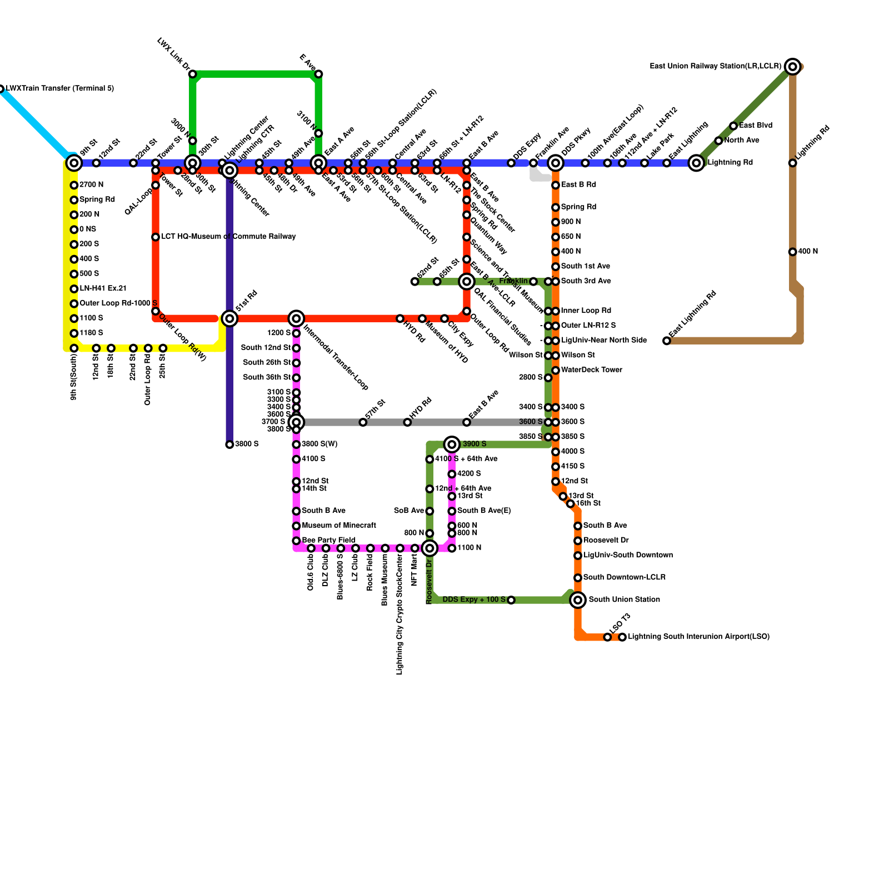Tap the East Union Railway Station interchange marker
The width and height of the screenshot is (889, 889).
click(x=793, y=67)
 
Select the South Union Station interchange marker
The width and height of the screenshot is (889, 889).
click(x=578, y=600)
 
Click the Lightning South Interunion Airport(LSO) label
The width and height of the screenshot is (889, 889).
click(x=698, y=637)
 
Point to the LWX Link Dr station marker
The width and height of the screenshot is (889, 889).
click(x=192, y=74)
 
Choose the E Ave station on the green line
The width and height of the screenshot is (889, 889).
click(x=318, y=74)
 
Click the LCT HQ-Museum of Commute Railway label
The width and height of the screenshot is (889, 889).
click(x=228, y=237)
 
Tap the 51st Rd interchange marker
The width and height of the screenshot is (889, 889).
click(x=229, y=318)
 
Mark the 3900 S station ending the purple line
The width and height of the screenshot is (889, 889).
click(x=229, y=444)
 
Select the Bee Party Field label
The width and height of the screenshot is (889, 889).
click(x=328, y=540)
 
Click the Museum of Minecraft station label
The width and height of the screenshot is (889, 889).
click(x=338, y=525)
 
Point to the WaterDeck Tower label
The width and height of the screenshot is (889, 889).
click(x=591, y=369)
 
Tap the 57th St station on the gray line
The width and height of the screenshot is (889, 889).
click(x=363, y=422)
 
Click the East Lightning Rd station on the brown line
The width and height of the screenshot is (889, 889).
click(x=667, y=341)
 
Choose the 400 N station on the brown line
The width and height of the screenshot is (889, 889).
click(x=793, y=252)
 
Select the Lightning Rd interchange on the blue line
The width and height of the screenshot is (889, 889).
click(x=696, y=163)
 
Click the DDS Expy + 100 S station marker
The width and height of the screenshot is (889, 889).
click(x=511, y=600)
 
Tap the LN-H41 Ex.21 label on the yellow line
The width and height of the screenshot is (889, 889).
click(x=103, y=288)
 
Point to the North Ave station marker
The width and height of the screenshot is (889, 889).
click(x=718, y=141)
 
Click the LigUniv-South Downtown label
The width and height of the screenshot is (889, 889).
click(x=628, y=555)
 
